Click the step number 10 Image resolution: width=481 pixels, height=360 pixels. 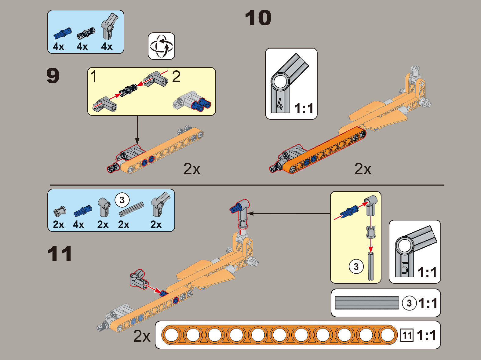coord(258,18)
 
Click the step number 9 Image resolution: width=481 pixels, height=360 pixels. coord(53,76)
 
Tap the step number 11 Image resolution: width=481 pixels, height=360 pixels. coord(60,254)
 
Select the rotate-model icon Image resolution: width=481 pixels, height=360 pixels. coord(161,46)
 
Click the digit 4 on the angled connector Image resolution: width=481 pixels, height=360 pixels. coord(280,104)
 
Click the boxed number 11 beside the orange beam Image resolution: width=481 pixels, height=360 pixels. coord(407,335)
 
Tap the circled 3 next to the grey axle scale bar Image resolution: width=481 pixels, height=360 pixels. coord(409,303)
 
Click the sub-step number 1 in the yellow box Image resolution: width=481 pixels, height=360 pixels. coord(94,76)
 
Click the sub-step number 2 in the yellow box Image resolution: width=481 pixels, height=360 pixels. coord(176,76)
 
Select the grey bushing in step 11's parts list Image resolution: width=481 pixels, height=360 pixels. coord(60,211)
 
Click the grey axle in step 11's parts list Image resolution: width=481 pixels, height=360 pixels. coord(131,209)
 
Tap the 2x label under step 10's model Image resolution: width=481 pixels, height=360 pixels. coord(363,169)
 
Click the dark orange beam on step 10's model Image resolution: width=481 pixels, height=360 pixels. coord(324,150)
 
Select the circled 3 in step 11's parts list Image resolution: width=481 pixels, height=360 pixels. coord(122,200)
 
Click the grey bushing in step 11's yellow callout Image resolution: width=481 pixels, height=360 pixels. coord(370,232)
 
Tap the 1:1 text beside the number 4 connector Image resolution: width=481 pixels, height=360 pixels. coord(304,108)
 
